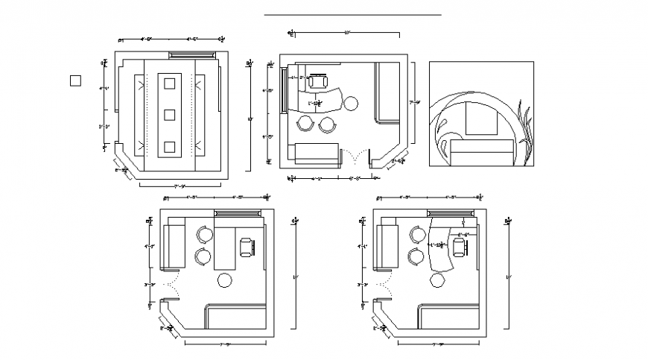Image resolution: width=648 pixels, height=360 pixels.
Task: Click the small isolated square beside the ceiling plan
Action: pos(75,80)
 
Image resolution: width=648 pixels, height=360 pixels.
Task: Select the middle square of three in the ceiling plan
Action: pos(169,115)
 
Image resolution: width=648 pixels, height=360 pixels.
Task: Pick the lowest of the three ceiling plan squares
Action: pos(169,147)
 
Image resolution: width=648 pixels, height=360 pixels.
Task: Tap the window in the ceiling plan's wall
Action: pos(192,54)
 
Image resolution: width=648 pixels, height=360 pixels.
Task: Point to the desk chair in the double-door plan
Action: pos(321,81)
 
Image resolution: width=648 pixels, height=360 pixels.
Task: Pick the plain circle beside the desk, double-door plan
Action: pos(351,102)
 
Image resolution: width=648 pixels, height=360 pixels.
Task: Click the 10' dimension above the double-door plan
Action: pos(347,33)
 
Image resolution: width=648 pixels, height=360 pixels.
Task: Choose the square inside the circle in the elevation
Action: pos(480,119)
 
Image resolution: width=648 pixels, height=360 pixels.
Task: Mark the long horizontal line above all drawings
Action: pos(352,14)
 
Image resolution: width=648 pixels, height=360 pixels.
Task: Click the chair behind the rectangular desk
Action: pos(247,246)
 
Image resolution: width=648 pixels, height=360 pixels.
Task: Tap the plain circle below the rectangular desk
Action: pos(224,281)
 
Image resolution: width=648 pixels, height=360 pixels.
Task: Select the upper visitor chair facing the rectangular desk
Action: pos(205,235)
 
